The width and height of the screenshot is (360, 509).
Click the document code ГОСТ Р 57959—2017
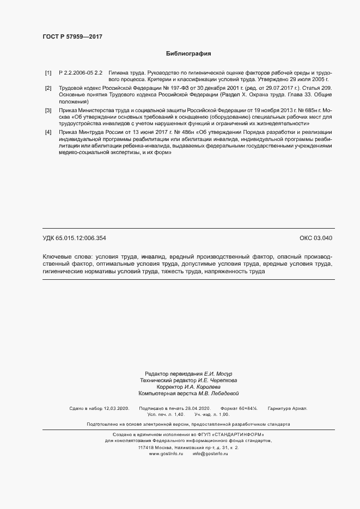pyautogui.click(x=72, y=37)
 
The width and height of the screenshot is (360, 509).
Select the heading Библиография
pyautogui.click(x=188, y=54)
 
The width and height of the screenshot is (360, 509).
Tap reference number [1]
pyautogui.click(x=48, y=72)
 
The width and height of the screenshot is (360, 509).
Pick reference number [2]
pyautogui.click(x=48, y=88)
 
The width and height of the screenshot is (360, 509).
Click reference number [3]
pyautogui.click(x=48, y=110)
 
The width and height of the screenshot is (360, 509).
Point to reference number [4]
pyautogui.click(x=48, y=132)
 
